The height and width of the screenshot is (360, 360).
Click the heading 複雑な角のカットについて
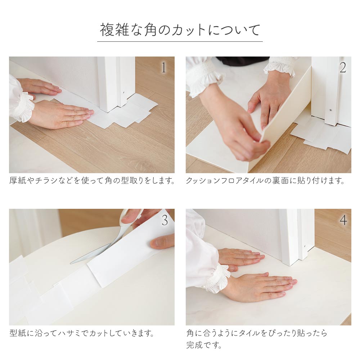180,30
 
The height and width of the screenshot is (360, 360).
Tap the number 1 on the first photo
163,68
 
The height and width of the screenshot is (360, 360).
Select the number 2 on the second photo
343,68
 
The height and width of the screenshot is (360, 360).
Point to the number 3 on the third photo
165,220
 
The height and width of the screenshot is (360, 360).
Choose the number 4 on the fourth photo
343,220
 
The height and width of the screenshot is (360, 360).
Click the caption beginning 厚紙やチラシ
92,180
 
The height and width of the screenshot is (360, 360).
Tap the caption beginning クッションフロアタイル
265,180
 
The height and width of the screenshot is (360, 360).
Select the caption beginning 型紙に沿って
82,333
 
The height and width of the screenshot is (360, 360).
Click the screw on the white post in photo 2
330,110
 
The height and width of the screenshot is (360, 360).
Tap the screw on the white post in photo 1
124,92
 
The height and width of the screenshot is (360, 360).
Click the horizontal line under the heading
180,41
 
